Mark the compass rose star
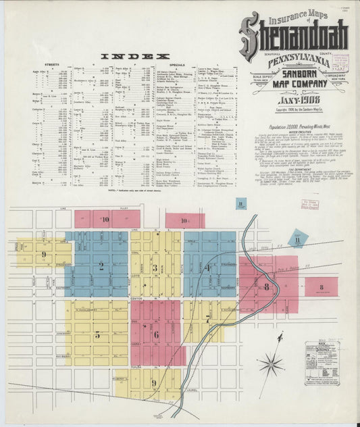click(271, 365)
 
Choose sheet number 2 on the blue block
click(101, 266)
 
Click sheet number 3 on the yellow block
click(155, 268)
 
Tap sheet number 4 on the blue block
click(208, 268)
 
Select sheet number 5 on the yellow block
click(97, 334)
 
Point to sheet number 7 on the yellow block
click(207, 319)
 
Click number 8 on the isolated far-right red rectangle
click(321, 287)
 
